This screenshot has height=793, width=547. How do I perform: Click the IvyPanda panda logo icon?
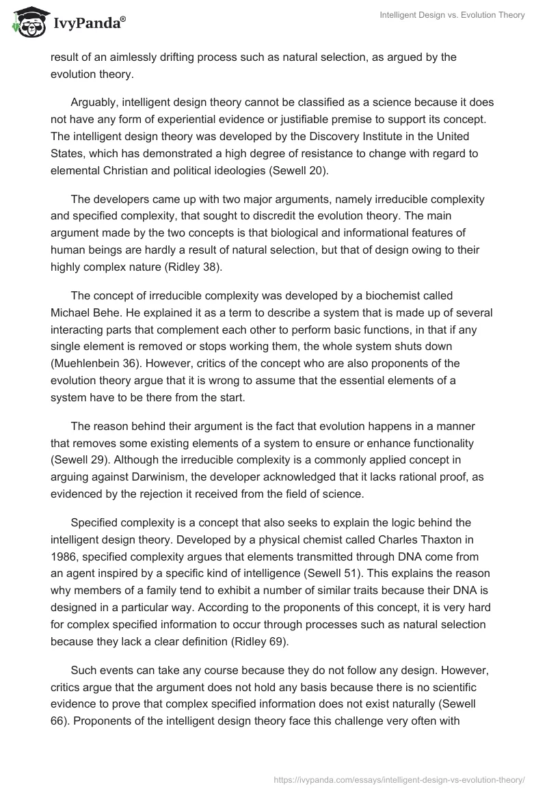(27, 21)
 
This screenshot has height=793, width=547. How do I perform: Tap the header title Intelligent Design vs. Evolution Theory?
(452, 15)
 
